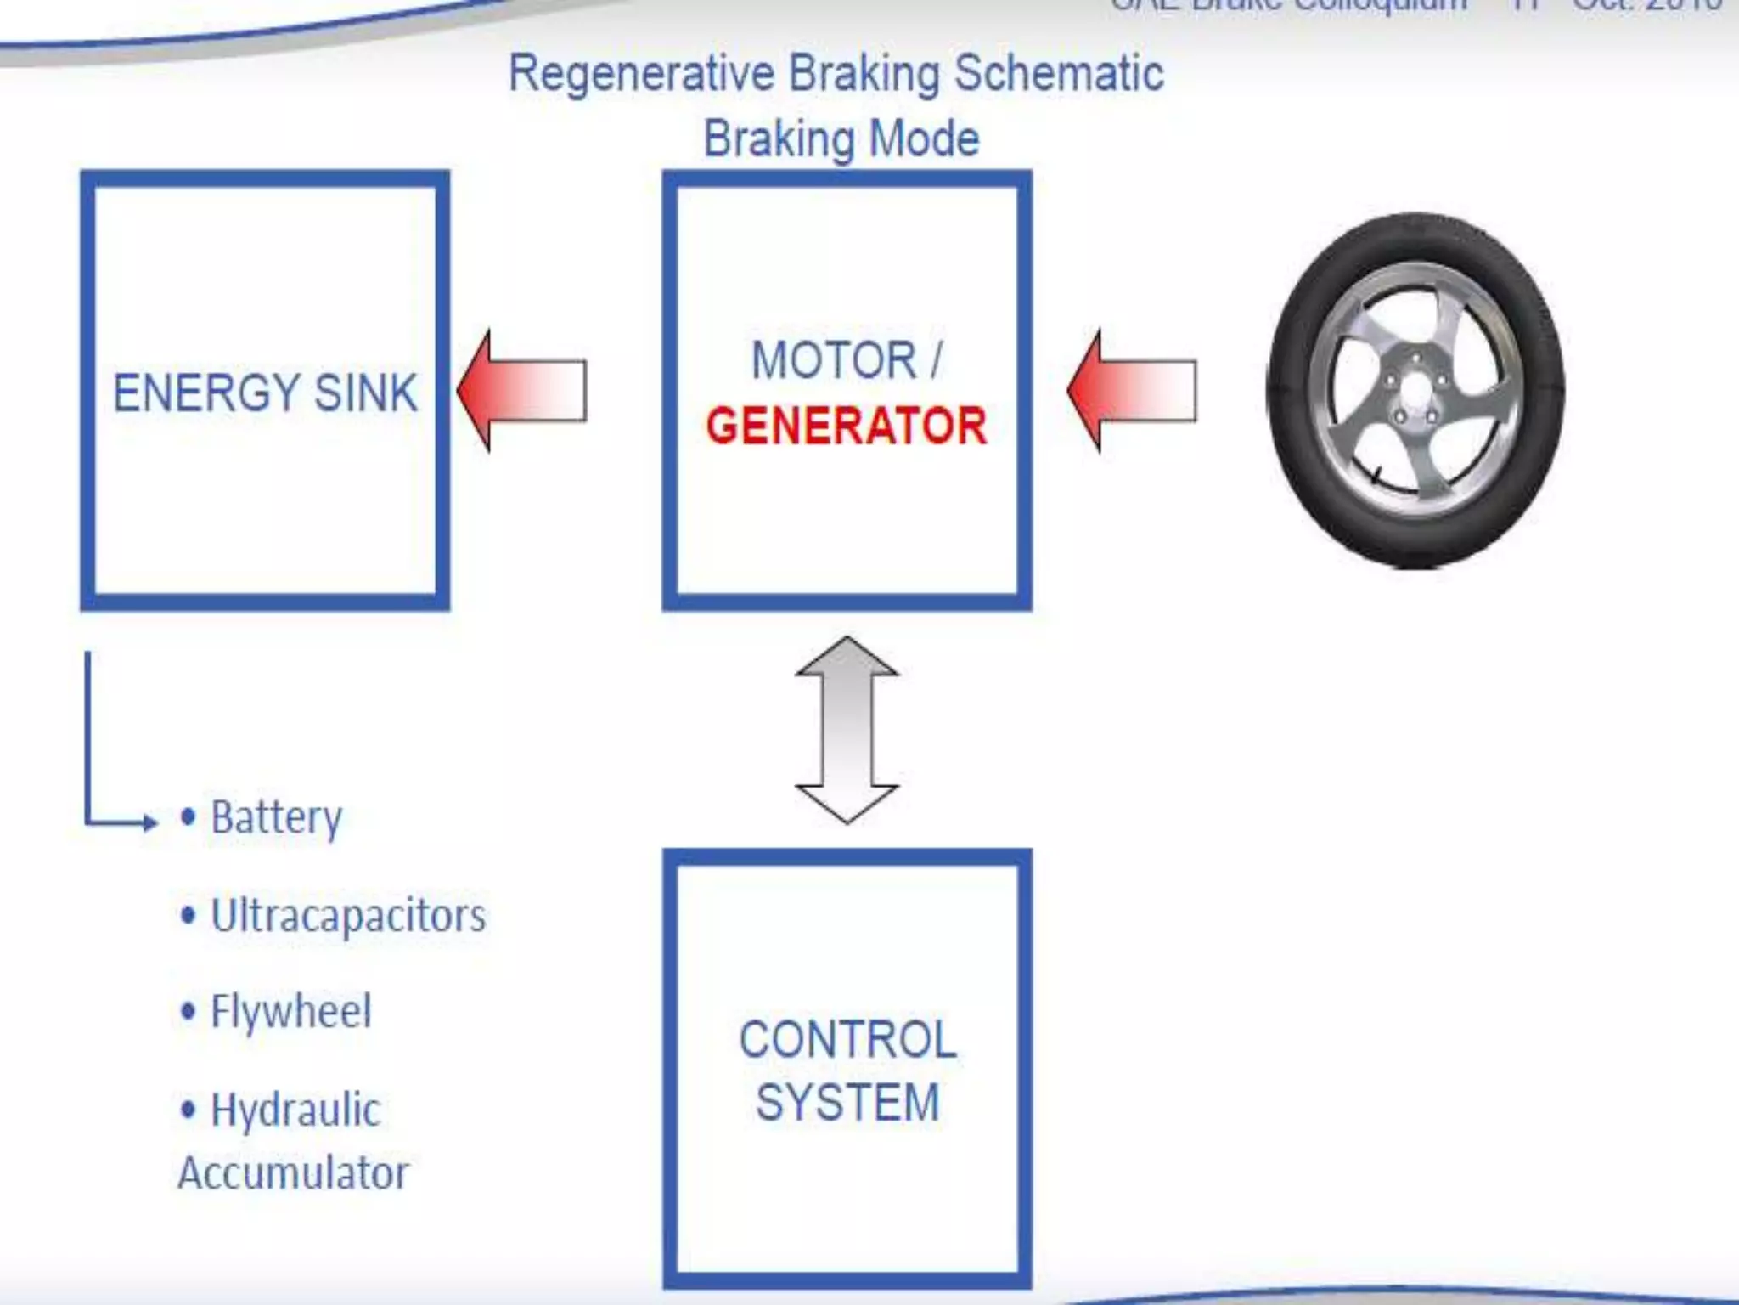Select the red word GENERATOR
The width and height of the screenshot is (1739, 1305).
click(x=846, y=426)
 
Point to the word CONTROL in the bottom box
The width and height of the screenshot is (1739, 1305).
click(x=847, y=1039)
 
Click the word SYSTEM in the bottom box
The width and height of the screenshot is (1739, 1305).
click(x=847, y=1103)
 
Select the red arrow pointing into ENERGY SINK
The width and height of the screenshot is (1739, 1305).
click(x=522, y=391)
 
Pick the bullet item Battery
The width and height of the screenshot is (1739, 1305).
click(x=276, y=817)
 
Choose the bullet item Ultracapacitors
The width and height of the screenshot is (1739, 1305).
click(x=348, y=916)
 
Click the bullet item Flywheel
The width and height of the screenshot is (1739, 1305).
click(x=290, y=1011)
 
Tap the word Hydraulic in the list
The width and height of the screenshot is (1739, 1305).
click(x=295, y=1110)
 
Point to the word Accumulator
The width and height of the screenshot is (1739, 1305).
click(x=294, y=1173)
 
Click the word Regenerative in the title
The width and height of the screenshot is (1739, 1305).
click(x=641, y=74)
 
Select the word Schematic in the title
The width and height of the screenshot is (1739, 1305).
click(x=1059, y=74)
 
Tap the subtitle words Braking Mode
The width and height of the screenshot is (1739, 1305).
click(x=841, y=138)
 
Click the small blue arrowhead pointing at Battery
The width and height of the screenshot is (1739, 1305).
click(x=150, y=822)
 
